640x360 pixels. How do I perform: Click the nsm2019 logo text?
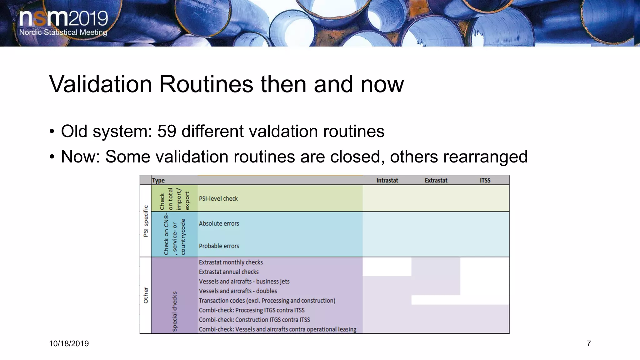pos(63,19)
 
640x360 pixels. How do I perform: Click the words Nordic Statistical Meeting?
pos(63,32)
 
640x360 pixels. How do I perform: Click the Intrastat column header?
pos(387,180)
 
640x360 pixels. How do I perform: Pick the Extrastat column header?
pos(436,180)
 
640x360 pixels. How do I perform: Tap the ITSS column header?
pos(485,180)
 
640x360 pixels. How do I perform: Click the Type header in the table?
pos(158,180)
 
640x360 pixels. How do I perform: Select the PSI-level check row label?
pos(218,198)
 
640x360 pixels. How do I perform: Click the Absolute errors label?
pos(219,223)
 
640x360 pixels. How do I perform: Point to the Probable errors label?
pos(219,246)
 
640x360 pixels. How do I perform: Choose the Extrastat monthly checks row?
pos(231,262)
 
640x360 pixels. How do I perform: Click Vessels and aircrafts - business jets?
pos(244,281)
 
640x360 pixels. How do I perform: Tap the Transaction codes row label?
pos(267,300)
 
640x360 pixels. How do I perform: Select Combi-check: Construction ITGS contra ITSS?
pos(254,320)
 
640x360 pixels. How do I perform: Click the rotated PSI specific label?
pos(146,221)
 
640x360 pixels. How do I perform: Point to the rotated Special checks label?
pos(175,311)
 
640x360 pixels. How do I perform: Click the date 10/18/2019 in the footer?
pos(69,344)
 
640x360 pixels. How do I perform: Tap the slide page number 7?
pos(589,344)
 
